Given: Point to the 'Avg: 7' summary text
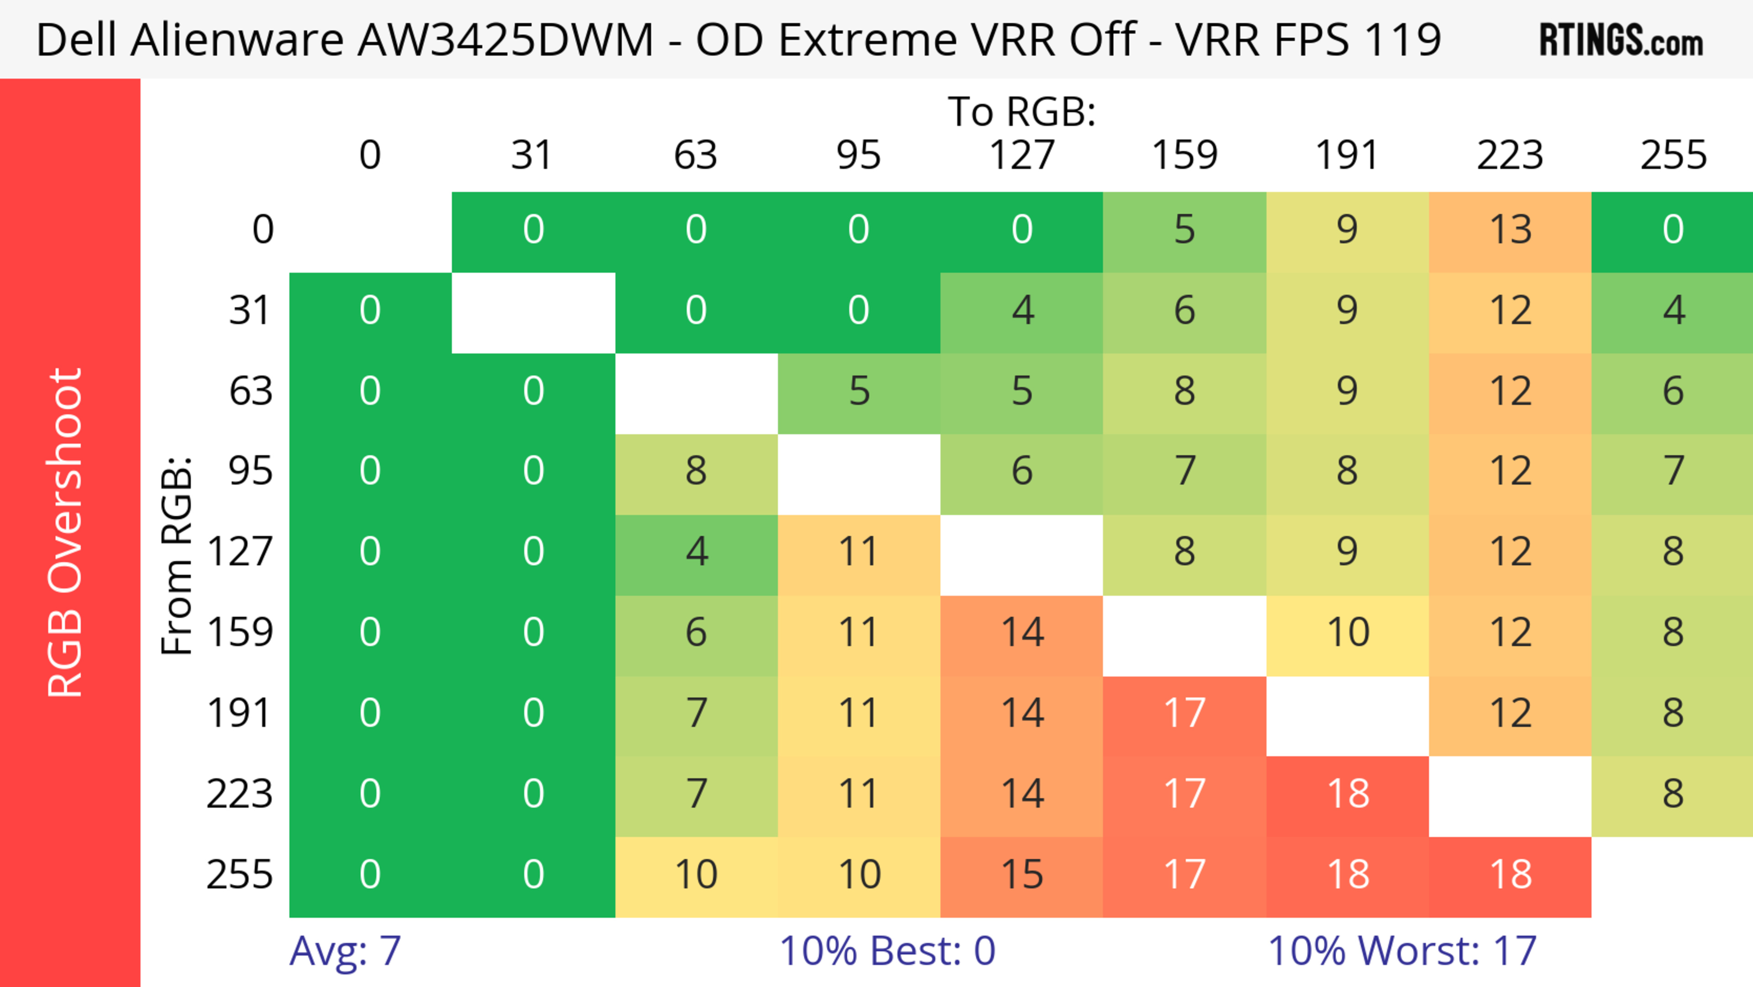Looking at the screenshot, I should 345,950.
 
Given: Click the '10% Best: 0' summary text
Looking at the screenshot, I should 887,950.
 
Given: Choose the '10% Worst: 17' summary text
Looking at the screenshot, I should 1402,950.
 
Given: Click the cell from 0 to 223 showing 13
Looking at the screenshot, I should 1510,230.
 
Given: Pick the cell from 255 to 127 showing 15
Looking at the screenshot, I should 1022,875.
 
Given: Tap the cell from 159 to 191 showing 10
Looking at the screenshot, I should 1348,633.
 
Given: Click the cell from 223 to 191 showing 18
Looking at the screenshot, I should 1348,794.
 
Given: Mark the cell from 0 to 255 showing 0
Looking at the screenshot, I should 1673,230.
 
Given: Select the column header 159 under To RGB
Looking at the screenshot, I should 1185,155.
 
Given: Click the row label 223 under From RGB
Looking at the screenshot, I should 240,794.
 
